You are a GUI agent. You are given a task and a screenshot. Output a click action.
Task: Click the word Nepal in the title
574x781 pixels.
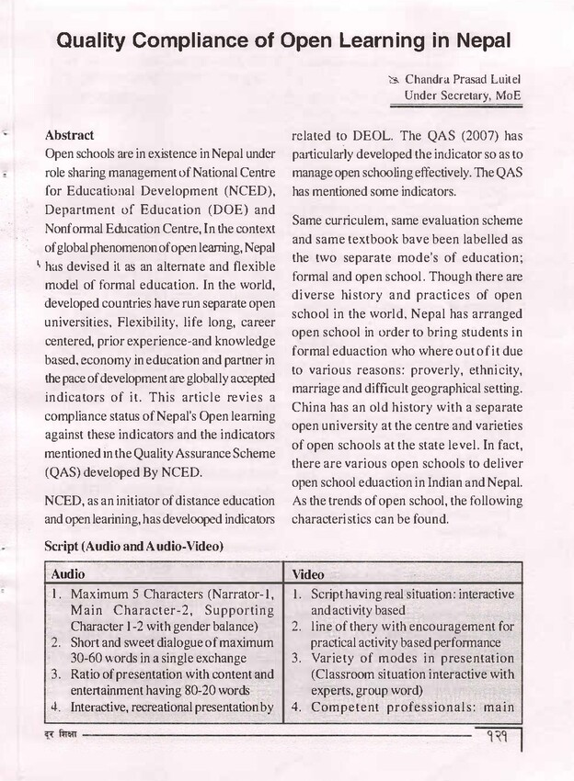click(475, 41)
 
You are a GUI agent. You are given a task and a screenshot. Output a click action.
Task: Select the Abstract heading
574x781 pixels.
click(69, 134)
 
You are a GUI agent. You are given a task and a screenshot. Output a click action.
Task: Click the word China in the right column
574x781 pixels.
click(310, 407)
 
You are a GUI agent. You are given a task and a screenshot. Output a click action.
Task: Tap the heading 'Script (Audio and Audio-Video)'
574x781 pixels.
click(133, 547)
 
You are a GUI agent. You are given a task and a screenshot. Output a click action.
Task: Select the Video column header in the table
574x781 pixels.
click(308, 574)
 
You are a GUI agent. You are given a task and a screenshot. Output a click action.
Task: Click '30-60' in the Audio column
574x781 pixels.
click(86, 658)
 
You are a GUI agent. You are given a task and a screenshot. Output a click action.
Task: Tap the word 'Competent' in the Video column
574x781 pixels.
click(345, 707)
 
